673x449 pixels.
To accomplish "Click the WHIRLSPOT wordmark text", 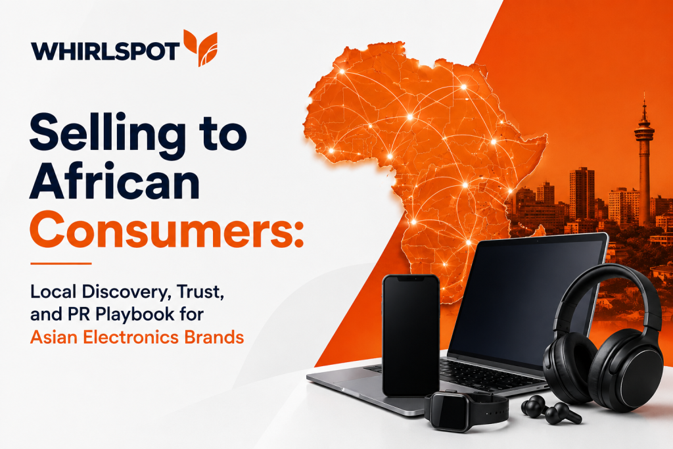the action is point(104,51).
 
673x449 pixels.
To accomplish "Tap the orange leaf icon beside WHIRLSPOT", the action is point(200,47).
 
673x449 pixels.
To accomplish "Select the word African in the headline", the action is point(114,181).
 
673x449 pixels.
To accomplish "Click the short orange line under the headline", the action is point(61,264).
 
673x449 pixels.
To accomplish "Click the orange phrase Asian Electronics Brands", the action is point(137,337).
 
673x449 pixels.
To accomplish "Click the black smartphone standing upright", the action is point(411,335).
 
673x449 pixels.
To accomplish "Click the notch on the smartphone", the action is point(411,278).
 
